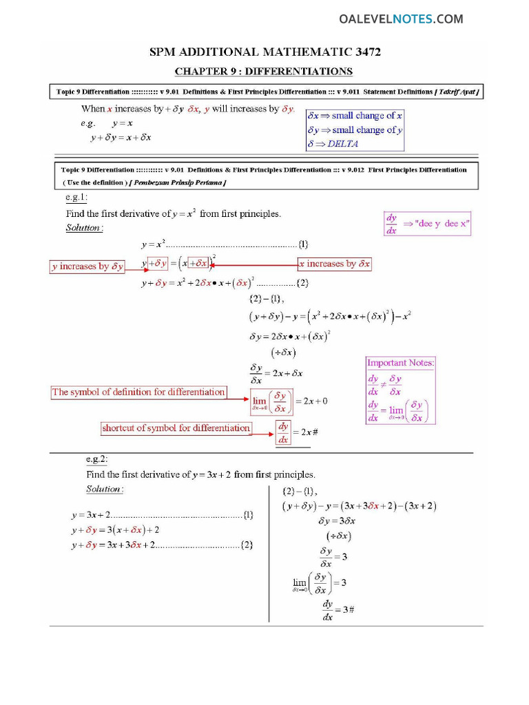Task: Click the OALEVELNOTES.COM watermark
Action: pyautogui.click(x=401, y=19)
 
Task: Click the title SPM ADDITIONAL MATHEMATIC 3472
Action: pyautogui.click(x=265, y=52)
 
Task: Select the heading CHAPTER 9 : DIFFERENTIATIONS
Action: pyautogui.click(x=264, y=71)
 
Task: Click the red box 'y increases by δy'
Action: pyautogui.click(x=87, y=266)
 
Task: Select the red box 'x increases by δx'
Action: pyautogui.click(x=335, y=264)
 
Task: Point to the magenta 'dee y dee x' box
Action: pyautogui.click(x=427, y=224)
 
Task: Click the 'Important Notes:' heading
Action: pyautogui.click(x=400, y=363)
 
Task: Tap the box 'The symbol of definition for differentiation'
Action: pyautogui.click(x=138, y=392)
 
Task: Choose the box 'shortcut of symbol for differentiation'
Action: pyautogui.click(x=176, y=428)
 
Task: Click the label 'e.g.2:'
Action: pyautogui.click(x=96, y=459)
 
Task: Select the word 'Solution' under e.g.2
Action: pyautogui.click(x=104, y=489)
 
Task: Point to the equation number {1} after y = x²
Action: pyautogui.click(x=303, y=244)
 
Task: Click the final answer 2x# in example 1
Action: pyautogui.click(x=307, y=432)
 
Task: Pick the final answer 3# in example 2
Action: pyautogui.click(x=348, y=610)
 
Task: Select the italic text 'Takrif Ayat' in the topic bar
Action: pyautogui.click(x=458, y=92)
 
